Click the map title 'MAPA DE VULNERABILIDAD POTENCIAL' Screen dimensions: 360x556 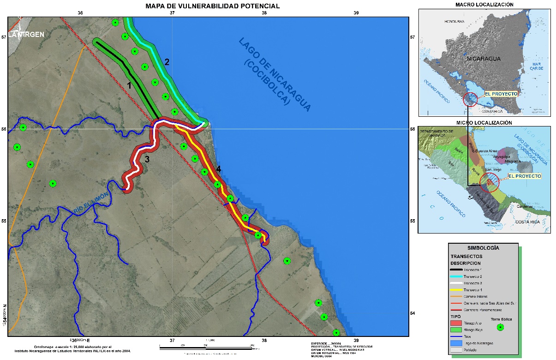coord(212,6)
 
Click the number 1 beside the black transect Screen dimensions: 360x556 coord(129,85)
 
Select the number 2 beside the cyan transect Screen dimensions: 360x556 coord(167,62)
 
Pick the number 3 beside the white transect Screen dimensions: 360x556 coord(147,159)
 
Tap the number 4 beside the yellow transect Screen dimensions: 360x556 coord(218,169)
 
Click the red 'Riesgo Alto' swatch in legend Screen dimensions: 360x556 coord(459,323)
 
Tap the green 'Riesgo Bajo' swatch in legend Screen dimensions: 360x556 coord(459,330)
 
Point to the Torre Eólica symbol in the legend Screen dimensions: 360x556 coord(501,327)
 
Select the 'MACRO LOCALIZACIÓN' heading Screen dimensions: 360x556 coord(484,5)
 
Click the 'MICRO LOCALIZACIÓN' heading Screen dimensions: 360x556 coord(484,123)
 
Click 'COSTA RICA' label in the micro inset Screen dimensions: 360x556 coord(527,222)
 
